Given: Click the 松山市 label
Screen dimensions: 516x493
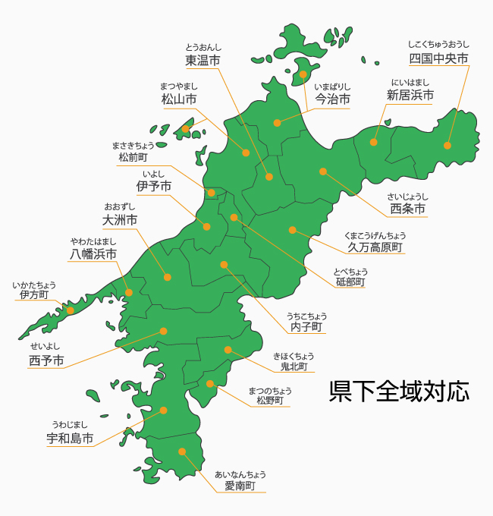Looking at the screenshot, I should click(x=179, y=99).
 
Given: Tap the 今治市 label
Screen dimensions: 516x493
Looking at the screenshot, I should click(x=332, y=99).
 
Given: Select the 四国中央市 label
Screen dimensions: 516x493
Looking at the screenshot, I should click(x=438, y=58).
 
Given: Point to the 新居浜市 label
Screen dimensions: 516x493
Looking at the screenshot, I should click(x=410, y=96).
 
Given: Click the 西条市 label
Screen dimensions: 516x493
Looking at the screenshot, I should click(x=407, y=208).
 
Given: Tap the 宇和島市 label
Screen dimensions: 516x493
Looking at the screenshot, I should click(x=70, y=438).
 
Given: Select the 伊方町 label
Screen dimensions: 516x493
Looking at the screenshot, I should click(x=34, y=294).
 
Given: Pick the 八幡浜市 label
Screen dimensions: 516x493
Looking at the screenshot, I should click(x=93, y=254).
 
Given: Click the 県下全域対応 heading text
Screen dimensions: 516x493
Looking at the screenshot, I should click(x=399, y=391).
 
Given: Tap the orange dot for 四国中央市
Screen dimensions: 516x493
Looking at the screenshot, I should click(x=447, y=146).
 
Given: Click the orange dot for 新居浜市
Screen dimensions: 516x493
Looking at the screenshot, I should click(x=374, y=142).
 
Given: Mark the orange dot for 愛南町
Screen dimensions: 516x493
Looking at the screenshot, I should click(x=182, y=451).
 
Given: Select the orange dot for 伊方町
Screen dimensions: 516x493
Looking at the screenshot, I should click(x=71, y=310).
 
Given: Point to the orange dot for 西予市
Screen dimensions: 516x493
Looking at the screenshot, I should click(x=164, y=331).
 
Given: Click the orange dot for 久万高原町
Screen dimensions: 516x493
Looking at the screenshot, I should click(x=292, y=230).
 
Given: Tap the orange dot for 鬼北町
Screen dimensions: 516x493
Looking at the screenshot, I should click(x=228, y=350).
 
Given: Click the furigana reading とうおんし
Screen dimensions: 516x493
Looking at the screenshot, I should click(x=203, y=47).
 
